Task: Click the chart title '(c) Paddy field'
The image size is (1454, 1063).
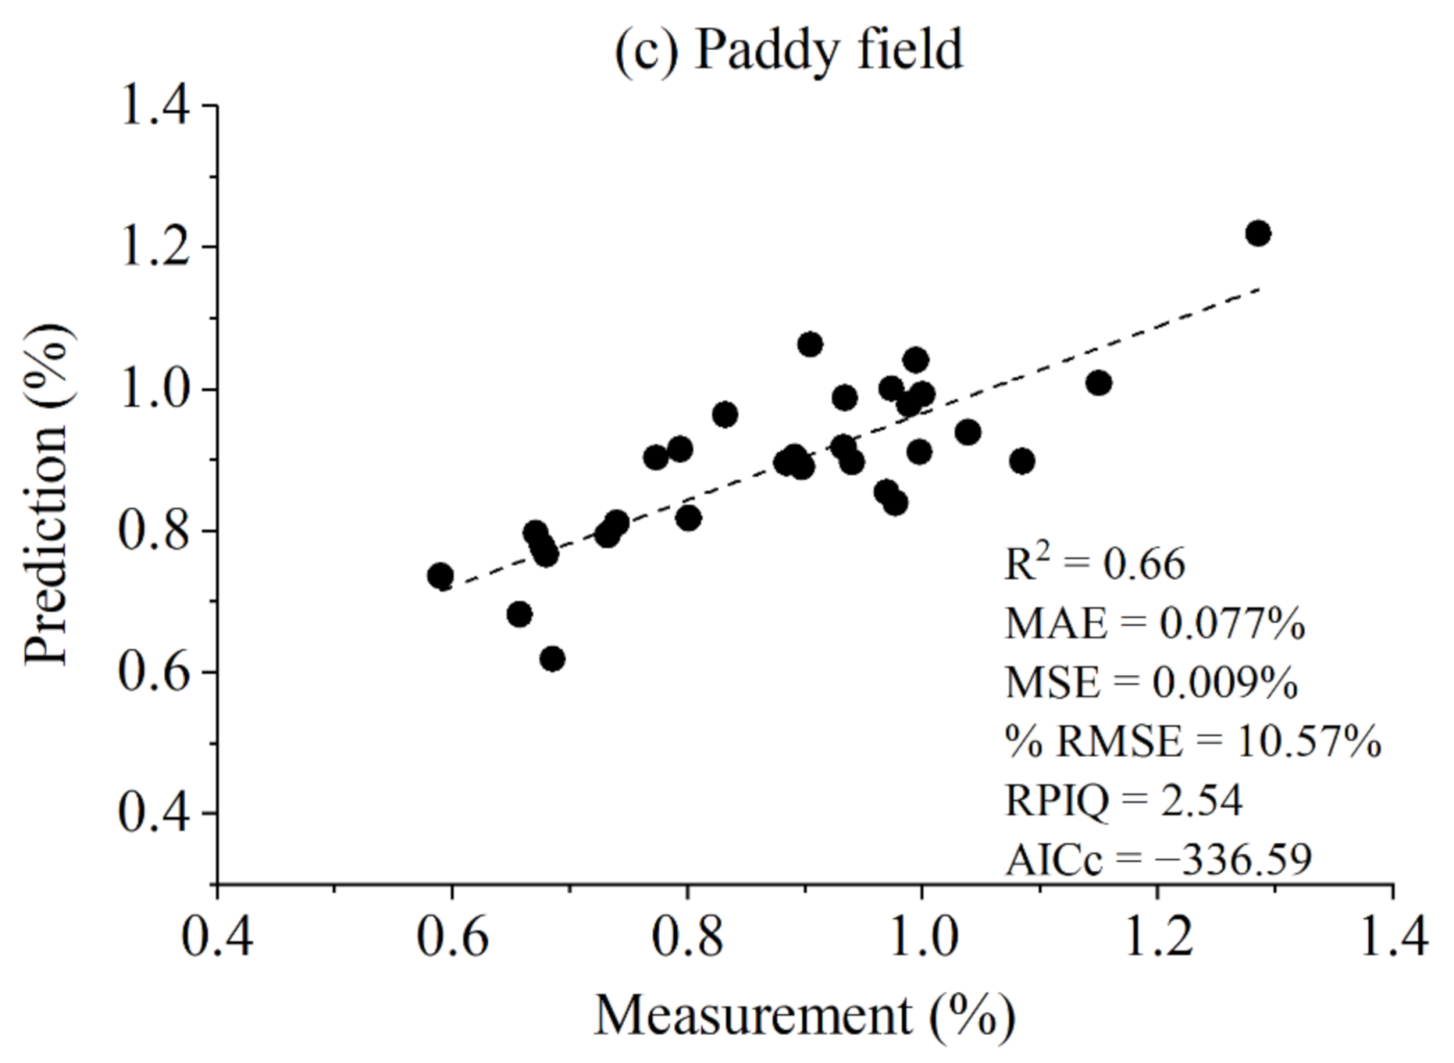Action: pyautogui.click(x=788, y=49)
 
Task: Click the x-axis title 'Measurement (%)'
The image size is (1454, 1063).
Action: pyautogui.click(x=804, y=1015)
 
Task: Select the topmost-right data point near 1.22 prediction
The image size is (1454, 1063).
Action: pyautogui.click(x=1257, y=234)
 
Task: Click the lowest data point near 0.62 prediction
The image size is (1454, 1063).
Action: pyautogui.click(x=552, y=659)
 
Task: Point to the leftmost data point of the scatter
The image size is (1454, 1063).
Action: pyautogui.click(x=440, y=576)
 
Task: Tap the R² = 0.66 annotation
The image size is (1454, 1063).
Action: pyautogui.click(x=1095, y=564)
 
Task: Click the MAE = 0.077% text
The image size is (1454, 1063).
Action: pyautogui.click(x=1154, y=624)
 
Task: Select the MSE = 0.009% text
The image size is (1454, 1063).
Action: pyautogui.click(x=1151, y=682)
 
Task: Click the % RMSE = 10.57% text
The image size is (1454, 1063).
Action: pyautogui.click(x=1192, y=741)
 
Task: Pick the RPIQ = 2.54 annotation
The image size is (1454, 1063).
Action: pyautogui.click(x=1123, y=800)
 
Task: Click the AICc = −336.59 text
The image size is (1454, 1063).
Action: pyautogui.click(x=1158, y=859)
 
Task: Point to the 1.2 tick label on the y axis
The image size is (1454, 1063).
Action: pyautogui.click(x=156, y=247)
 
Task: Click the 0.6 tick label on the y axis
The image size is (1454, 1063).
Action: pyautogui.click(x=156, y=672)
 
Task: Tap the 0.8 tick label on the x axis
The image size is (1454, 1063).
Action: pyautogui.click(x=687, y=937)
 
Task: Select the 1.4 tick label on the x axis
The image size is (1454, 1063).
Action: pyautogui.click(x=1393, y=937)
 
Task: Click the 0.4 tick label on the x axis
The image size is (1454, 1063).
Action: pyautogui.click(x=217, y=937)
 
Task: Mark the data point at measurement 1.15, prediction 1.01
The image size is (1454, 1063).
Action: pyautogui.click(x=1098, y=383)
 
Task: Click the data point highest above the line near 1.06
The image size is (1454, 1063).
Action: pyautogui.click(x=810, y=344)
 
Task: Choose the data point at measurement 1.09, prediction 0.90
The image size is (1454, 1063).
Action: pyautogui.click(x=1022, y=462)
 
